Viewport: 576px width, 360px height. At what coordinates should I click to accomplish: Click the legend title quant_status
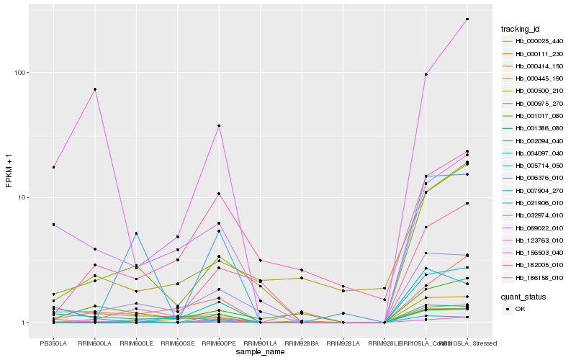(x=523, y=297)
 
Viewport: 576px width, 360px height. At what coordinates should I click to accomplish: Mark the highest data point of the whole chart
(x=467, y=19)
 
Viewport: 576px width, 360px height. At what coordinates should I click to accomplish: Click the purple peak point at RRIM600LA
(x=95, y=89)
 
